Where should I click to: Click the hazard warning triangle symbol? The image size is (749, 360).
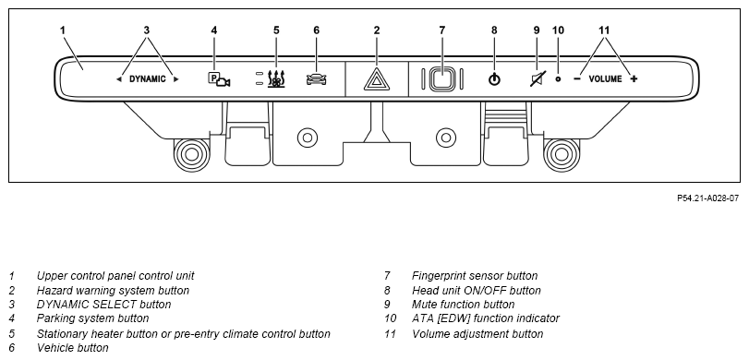coord(377,79)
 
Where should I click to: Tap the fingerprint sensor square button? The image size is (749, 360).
coord(442,78)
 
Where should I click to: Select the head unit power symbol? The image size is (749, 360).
coord(494,79)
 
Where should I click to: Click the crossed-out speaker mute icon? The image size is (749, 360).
coord(537,78)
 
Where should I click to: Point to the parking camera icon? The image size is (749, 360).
coord(219,79)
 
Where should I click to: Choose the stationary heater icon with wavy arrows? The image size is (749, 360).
coord(276,79)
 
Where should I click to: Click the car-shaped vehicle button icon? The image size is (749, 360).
coord(316,79)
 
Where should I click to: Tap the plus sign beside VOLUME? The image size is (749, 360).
coord(634,78)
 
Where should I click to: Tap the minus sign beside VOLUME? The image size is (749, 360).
coord(577,78)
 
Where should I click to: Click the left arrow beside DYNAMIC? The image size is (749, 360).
coord(119,79)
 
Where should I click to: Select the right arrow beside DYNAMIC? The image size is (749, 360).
coord(175,79)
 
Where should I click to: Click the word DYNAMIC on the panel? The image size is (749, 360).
coord(148,79)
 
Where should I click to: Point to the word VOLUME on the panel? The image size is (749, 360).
coord(605,78)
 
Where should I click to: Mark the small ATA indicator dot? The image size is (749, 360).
coord(558,78)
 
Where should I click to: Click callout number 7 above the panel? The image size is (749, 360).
coord(441,30)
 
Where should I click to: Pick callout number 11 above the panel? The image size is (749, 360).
coord(604,30)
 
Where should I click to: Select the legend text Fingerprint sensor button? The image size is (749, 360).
coord(475,275)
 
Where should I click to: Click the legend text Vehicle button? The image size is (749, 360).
coord(73,348)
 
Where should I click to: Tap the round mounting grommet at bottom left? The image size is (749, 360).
coord(191,155)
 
